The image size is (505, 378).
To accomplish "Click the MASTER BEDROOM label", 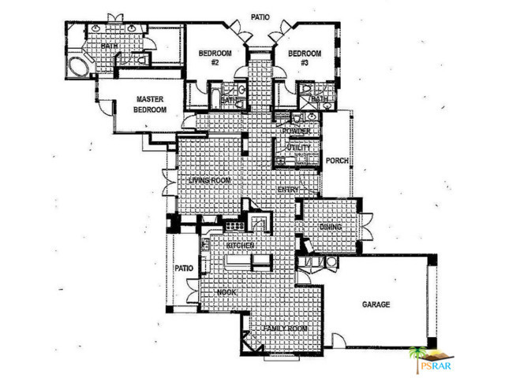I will [150, 105].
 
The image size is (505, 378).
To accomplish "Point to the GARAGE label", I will [376, 304].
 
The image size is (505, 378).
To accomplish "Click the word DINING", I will [331, 227].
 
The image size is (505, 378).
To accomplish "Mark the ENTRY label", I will [286, 190].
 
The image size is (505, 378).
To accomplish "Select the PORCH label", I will [337, 162].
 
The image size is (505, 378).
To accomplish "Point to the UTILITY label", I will [298, 147].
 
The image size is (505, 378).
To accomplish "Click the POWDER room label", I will [306, 131].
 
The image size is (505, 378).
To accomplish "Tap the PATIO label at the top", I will [261, 16].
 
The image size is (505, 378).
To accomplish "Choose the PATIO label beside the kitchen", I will [183, 268].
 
